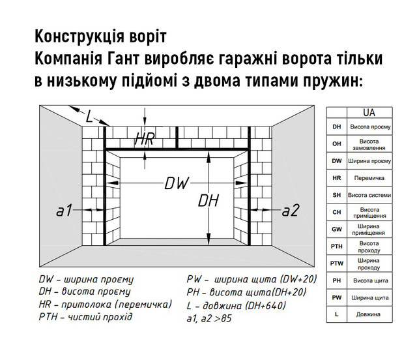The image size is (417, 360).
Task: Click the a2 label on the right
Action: pos(291,210)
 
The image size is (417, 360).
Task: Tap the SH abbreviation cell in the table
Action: pos(337,195)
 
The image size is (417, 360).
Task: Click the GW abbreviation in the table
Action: pos(337,229)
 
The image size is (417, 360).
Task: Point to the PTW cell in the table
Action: pos(337,263)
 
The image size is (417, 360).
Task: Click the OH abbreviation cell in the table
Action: pos(337,144)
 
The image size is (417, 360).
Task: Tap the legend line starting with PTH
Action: pos(85,317)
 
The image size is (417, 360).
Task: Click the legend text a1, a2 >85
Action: pos(209,318)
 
